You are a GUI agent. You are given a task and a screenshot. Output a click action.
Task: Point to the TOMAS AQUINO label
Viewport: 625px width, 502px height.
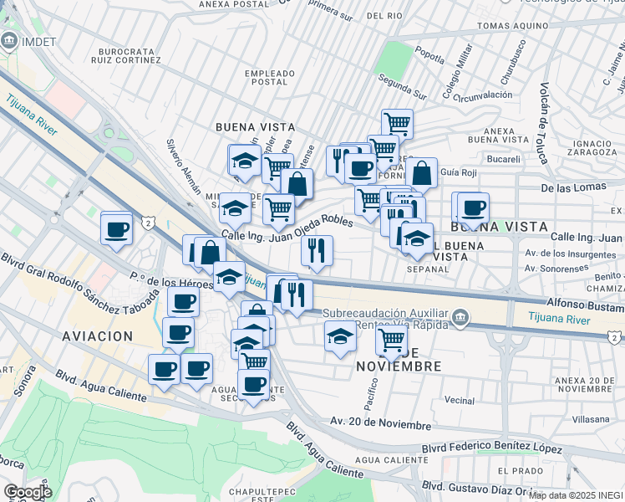click(x=516, y=26)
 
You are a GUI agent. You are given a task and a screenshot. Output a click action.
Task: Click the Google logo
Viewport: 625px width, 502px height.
click(x=28, y=492)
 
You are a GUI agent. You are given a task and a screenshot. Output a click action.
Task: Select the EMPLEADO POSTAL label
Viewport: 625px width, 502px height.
click(x=269, y=78)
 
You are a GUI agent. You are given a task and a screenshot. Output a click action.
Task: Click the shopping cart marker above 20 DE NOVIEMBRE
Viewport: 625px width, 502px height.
click(x=391, y=340)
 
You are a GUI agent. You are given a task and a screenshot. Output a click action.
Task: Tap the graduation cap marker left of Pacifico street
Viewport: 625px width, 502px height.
click(x=340, y=336)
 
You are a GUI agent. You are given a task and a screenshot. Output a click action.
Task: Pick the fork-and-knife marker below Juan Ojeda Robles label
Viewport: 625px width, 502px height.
click(x=317, y=250)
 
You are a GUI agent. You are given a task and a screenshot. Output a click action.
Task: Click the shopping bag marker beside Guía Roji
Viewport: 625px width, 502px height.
click(x=422, y=173)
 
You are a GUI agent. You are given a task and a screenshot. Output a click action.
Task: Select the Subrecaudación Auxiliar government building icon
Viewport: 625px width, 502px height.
click(x=460, y=316)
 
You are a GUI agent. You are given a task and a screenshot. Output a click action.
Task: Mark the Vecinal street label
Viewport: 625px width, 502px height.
click(x=460, y=400)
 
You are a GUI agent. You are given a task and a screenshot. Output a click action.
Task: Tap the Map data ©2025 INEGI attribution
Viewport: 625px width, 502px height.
click(x=576, y=495)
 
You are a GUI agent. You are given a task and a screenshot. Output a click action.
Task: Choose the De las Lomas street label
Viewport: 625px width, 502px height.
click(x=571, y=188)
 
